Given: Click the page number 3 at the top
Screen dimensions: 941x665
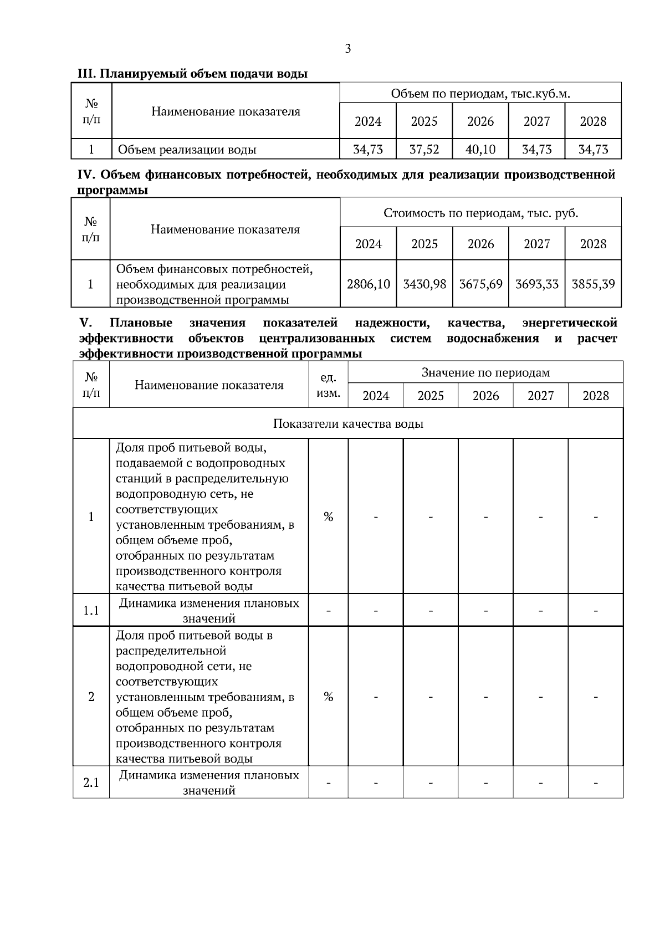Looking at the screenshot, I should pyautogui.click(x=347, y=49).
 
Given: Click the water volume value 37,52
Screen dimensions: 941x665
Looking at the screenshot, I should pyautogui.click(x=424, y=149).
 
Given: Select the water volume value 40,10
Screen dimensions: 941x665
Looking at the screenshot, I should pyautogui.click(x=480, y=149).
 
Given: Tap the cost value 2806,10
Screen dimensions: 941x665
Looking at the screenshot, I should pyautogui.click(x=369, y=284).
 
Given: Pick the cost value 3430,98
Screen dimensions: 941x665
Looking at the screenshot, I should pyautogui.click(x=424, y=284).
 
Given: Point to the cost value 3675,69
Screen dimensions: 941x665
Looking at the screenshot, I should pyautogui.click(x=480, y=284).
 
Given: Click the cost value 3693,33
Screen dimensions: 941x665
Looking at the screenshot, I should pyautogui.click(x=537, y=284).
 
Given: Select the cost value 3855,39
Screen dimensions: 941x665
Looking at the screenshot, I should pyautogui.click(x=593, y=284).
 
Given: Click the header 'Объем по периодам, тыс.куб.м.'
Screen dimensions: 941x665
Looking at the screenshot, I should pyautogui.click(x=480, y=94).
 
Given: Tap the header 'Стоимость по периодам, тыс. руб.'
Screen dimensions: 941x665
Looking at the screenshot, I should pyautogui.click(x=480, y=213).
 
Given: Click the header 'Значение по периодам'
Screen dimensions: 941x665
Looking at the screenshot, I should pyautogui.click(x=485, y=372).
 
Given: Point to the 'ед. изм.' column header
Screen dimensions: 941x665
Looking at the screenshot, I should pyautogui.click(x=328, y=385).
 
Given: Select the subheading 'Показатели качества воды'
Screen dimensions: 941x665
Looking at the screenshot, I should pyautogui.click(x=348, y=424).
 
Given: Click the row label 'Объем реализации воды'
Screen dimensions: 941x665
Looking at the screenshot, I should pyautogui.click(x=187, y=150).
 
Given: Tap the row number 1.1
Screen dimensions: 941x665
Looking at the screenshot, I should pyautogui.click(x=91, y=611).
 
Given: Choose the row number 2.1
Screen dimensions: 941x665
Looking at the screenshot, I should pyautogui.click(x=91, y=783).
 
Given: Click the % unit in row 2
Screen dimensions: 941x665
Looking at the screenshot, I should pyautogui.click(x=328, y=697).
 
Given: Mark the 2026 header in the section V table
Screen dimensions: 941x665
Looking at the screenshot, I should pyautogui.click(x=485, y=396).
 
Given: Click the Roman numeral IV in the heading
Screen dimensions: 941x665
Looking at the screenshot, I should pyautogui.click(x=86, y=176).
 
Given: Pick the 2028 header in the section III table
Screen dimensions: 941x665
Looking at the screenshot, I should pyautogui.click(x=593, y=121).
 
